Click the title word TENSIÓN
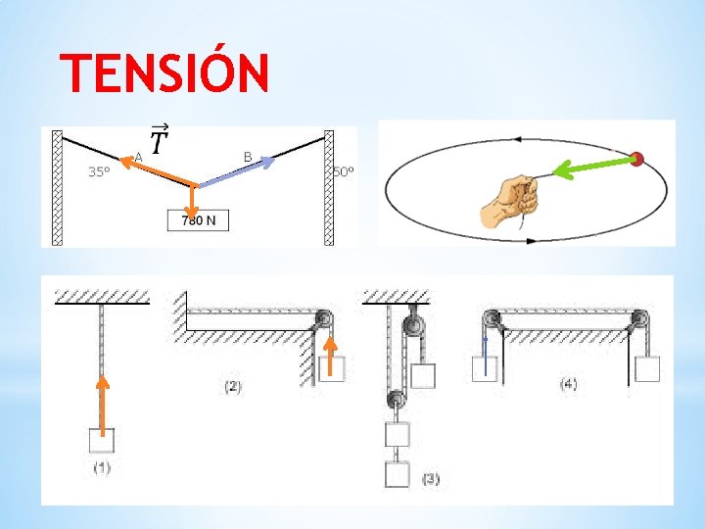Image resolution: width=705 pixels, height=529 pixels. coord(164,73)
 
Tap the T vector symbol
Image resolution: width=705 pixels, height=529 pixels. coord(160,142)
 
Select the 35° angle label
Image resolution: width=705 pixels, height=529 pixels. coord(99,172)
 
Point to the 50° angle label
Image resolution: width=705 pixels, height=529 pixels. coord(343,172)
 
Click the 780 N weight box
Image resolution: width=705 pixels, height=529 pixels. coord(199,220)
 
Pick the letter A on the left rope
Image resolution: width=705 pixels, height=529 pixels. coord(139,156)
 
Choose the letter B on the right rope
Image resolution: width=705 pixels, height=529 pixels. coord(248,156)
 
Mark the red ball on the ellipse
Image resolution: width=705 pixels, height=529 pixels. coord(637,158)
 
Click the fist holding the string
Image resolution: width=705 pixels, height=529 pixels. coord(510,203)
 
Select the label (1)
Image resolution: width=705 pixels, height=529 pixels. coord(103,467)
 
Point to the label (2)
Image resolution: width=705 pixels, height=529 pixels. coord(232,386)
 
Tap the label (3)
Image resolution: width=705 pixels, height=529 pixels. coord(430,479)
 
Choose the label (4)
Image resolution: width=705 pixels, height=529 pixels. coord(568,384)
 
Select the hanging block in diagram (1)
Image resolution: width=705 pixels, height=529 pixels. coord(102,443)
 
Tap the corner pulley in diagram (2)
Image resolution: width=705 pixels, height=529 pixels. coord(323,319)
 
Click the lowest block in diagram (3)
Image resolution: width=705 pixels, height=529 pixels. coord(398,475)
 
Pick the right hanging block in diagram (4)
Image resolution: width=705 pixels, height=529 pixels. coord(646,368)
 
